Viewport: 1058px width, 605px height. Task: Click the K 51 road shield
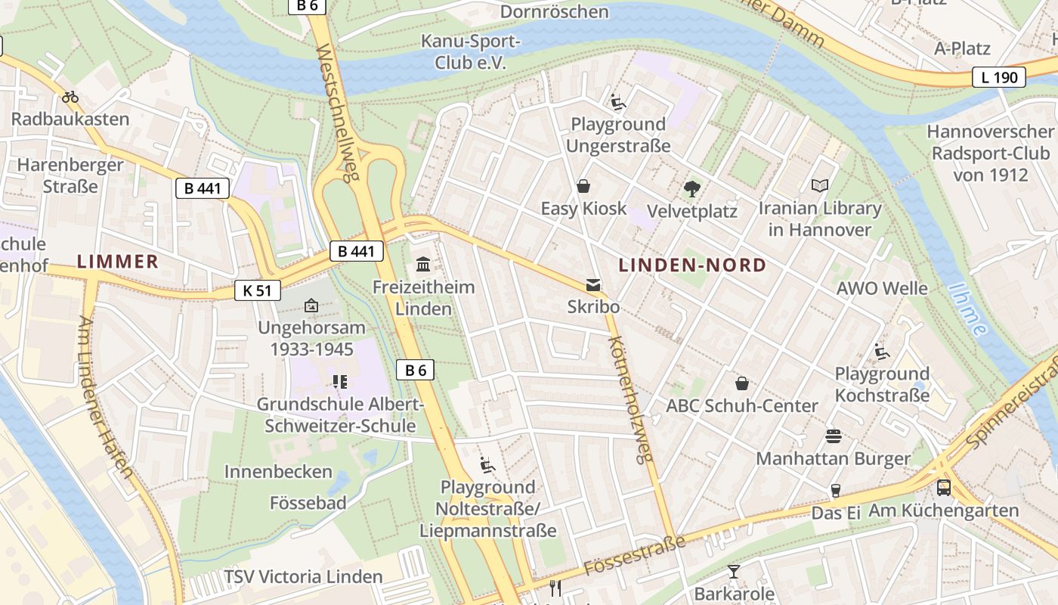(258, 290)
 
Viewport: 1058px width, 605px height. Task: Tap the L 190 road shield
(998, 76)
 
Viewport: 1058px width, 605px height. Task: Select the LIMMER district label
(118, 262)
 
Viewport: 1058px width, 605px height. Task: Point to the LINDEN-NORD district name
(692, 265)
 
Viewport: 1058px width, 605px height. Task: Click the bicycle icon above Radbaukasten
(70, 97)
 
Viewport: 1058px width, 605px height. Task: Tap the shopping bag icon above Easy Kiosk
(583, 186)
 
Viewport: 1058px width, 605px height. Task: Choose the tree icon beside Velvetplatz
(691, 189)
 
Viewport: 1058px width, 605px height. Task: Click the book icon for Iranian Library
(820, 185)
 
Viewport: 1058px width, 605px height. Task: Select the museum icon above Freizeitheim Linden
(423, 265)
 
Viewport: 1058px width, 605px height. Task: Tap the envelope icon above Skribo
(593, 285)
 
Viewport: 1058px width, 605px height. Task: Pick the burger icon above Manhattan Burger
(834, 436)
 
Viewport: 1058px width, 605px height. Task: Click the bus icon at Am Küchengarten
(944, 488)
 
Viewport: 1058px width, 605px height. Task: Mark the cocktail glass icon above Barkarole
(734, 571)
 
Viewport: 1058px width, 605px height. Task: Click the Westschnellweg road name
(337, 113)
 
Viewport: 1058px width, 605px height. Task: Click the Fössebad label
(308, 503)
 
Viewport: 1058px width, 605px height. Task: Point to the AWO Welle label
(882, 288)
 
